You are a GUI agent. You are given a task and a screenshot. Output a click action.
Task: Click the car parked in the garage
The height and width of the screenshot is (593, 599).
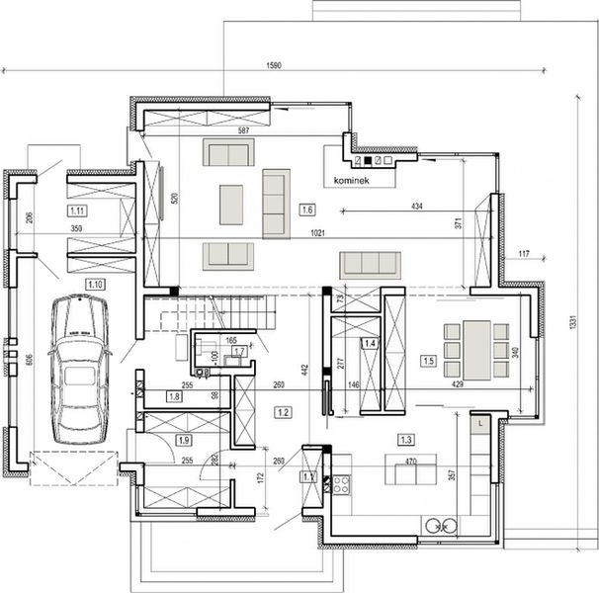79,370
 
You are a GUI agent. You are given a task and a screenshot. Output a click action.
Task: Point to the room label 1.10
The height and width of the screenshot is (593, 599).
96,284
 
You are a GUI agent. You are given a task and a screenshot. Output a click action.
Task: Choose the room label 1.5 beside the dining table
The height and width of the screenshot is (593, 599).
428,361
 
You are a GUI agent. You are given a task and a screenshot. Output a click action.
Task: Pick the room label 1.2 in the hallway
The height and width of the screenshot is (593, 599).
284,411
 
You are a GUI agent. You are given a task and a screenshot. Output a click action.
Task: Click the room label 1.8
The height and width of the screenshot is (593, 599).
174,396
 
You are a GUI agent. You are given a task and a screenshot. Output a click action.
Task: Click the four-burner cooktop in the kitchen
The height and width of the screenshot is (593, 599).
341,484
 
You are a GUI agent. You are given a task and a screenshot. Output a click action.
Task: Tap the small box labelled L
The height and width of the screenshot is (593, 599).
478,423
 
